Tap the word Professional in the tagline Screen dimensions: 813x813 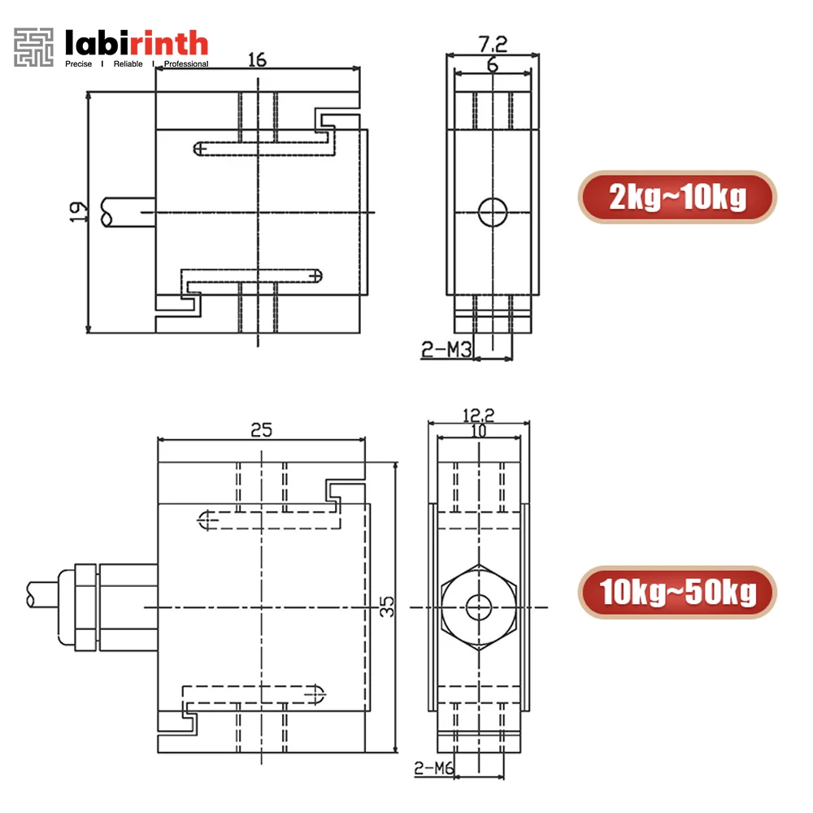[185, 64]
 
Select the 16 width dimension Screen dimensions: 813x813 [257, 59]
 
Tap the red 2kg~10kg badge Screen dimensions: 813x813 [677, 197]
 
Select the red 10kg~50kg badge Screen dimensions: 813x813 [677, 591]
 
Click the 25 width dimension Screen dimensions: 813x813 [261, 430]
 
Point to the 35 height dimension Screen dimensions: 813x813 [388, 606]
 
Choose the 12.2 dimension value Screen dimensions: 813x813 [479, 415]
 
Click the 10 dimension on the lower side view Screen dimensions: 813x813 [479, 431]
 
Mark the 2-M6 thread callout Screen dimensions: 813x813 [434, 767]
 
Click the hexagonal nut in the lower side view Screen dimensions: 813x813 [479, 606]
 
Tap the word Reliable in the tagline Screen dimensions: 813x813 [127, 64]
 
